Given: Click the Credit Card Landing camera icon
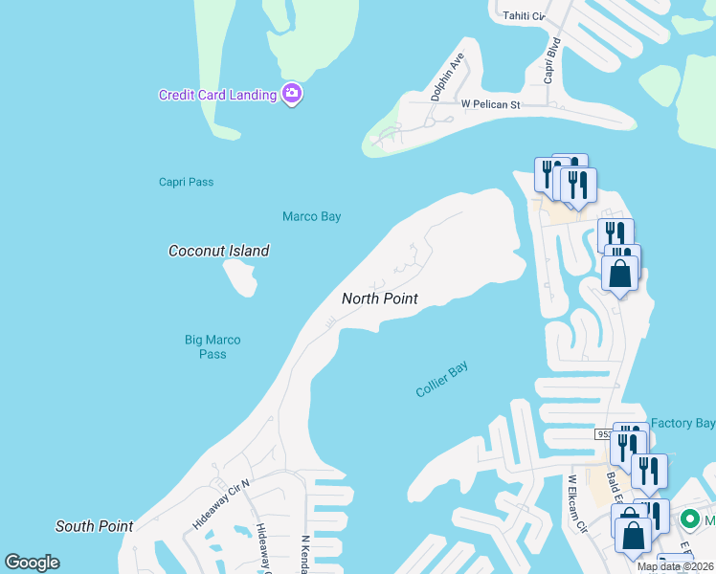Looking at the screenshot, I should click(x=293, y=94).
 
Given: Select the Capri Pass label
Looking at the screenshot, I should click(x=186, y=182).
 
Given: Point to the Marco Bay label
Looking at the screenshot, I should click(x=311, y=216).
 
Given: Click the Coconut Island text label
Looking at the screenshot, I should click(x=218, y=251).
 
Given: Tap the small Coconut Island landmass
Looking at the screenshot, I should click(x=240, y=276).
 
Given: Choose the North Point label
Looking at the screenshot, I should click(x=380, y=298).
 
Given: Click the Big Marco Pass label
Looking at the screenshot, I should click(x=213, y=346).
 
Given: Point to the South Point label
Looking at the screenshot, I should click(x=94, y=526).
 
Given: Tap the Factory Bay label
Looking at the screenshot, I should click(x=682, y=423).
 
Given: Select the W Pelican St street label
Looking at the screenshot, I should click(x=489, y=103).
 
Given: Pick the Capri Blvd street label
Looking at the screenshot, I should click(x=550, y=61).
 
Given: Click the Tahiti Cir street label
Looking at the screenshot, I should click(x=523, y=15).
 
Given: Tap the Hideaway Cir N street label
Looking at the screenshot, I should click(x=220, y=502).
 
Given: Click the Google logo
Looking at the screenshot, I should click(x=32, y=563).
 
